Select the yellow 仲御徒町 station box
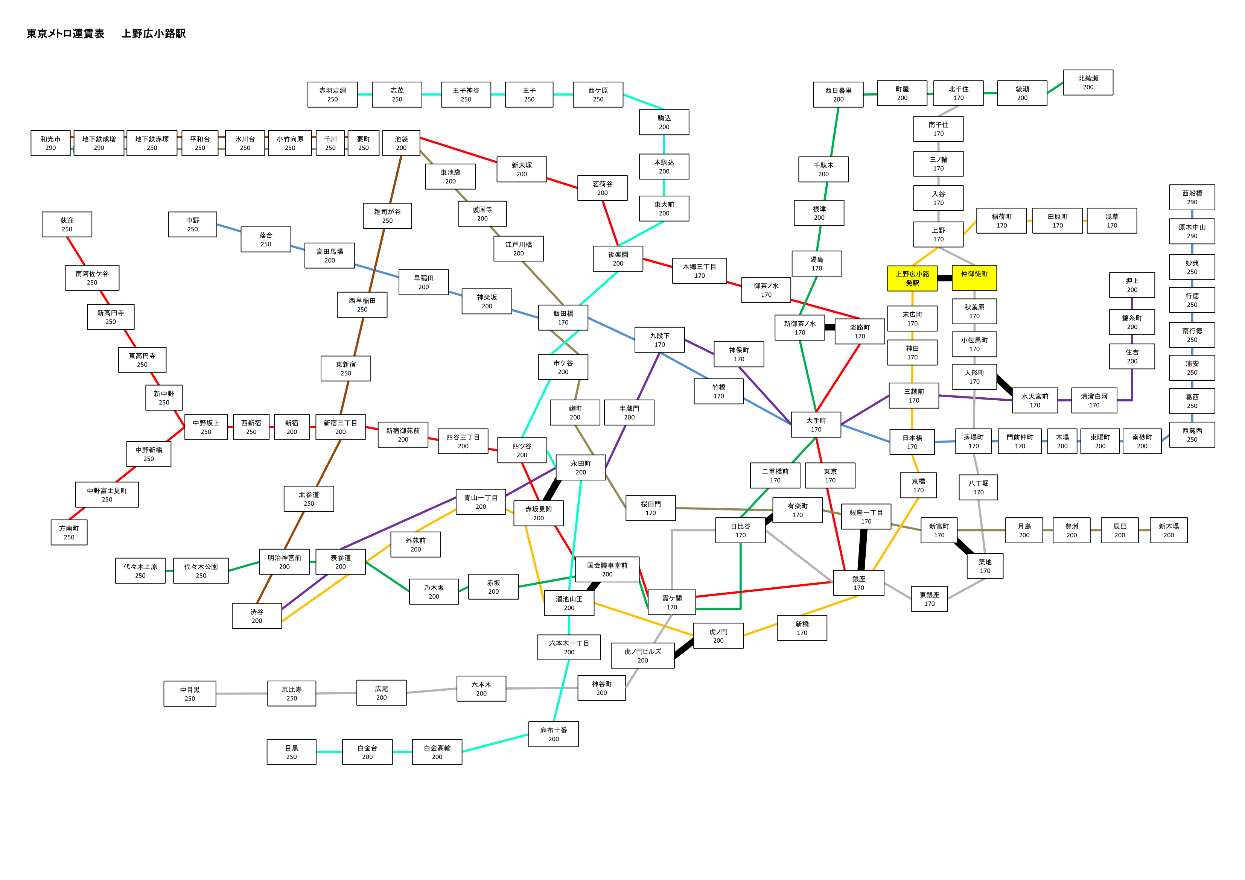974,278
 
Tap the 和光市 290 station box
50,143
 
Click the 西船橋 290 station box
1192,198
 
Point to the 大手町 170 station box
816,424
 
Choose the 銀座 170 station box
858,583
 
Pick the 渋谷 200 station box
257,616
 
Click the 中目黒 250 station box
190,693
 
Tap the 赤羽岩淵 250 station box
332,95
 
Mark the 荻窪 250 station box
67,225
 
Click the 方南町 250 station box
69,532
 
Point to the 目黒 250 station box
292,752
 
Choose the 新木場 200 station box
1169,530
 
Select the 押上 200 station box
1132,285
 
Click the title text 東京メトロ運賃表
65,33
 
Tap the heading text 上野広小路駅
154,33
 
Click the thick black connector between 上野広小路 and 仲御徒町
945,278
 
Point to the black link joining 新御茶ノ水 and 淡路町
829,327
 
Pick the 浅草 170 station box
1112,221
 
